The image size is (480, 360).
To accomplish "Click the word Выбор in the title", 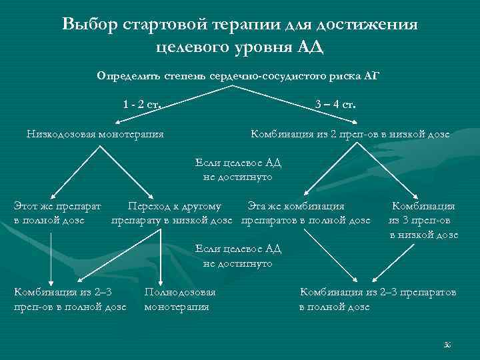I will click(89, 25).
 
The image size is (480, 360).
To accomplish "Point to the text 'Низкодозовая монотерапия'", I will click(95, 134).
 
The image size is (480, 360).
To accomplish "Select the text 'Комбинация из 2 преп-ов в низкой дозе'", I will click(350, 134).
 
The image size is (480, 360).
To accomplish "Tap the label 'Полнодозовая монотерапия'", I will click(179, 299).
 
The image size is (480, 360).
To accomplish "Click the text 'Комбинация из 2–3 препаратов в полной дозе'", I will click(378, 299).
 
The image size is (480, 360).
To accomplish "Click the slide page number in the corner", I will click(447, 344).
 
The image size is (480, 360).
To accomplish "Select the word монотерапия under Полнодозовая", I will click(177, 307).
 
